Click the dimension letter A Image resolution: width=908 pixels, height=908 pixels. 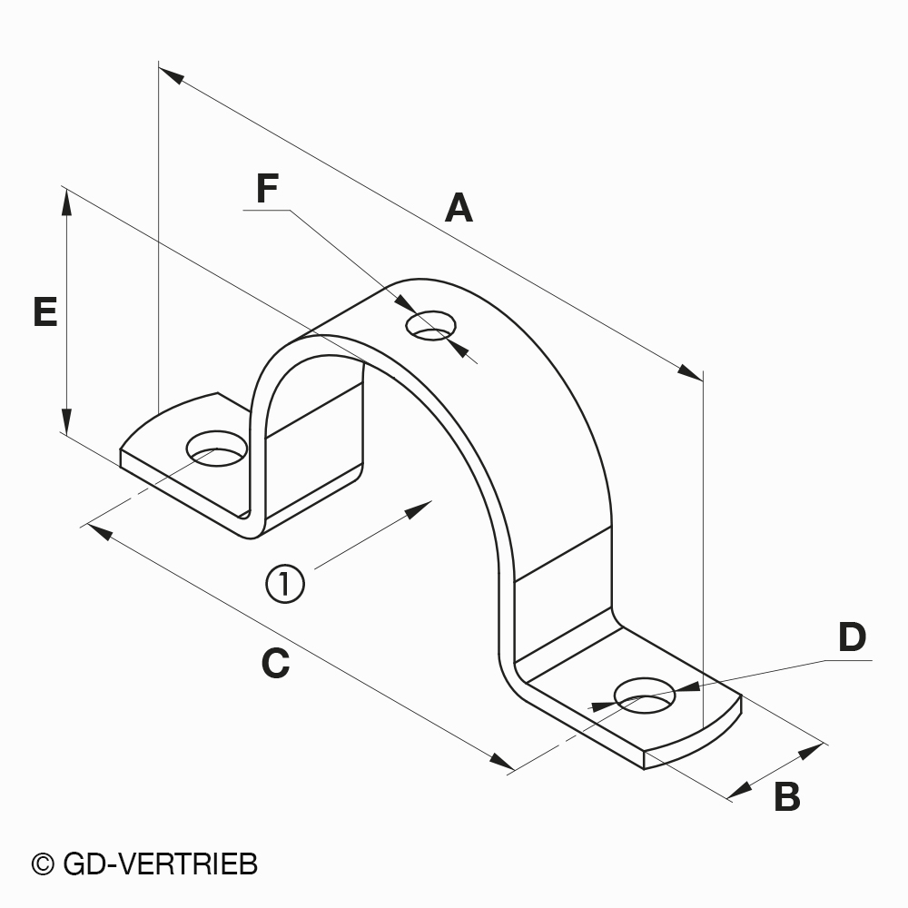coord(459,209)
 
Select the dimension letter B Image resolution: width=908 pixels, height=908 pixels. coord(787,797)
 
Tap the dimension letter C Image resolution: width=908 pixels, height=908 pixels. coord(275,664)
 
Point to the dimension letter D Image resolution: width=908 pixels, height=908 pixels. coord(852,637)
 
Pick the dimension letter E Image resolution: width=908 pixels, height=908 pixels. coord(45,312)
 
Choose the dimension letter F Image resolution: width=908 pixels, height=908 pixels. coord(267,189)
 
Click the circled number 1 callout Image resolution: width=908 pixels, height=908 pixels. coord(285,584)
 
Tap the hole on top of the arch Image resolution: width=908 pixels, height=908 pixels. coord(430,325)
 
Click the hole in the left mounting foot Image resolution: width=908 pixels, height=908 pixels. coord(217,449)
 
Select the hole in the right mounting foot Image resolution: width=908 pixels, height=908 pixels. coord(645,696)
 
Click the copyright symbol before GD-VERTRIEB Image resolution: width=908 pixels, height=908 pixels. coord(43,864)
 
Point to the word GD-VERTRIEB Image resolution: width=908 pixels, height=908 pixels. coord(160,864)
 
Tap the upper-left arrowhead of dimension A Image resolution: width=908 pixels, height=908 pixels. coord(172,76)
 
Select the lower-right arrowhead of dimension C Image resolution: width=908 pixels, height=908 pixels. coord(501,761)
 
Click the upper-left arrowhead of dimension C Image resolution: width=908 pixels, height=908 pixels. coord(99,531)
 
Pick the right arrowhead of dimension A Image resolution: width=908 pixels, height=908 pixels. coord(690,372)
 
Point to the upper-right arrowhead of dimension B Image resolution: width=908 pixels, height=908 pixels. coord(810,751)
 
